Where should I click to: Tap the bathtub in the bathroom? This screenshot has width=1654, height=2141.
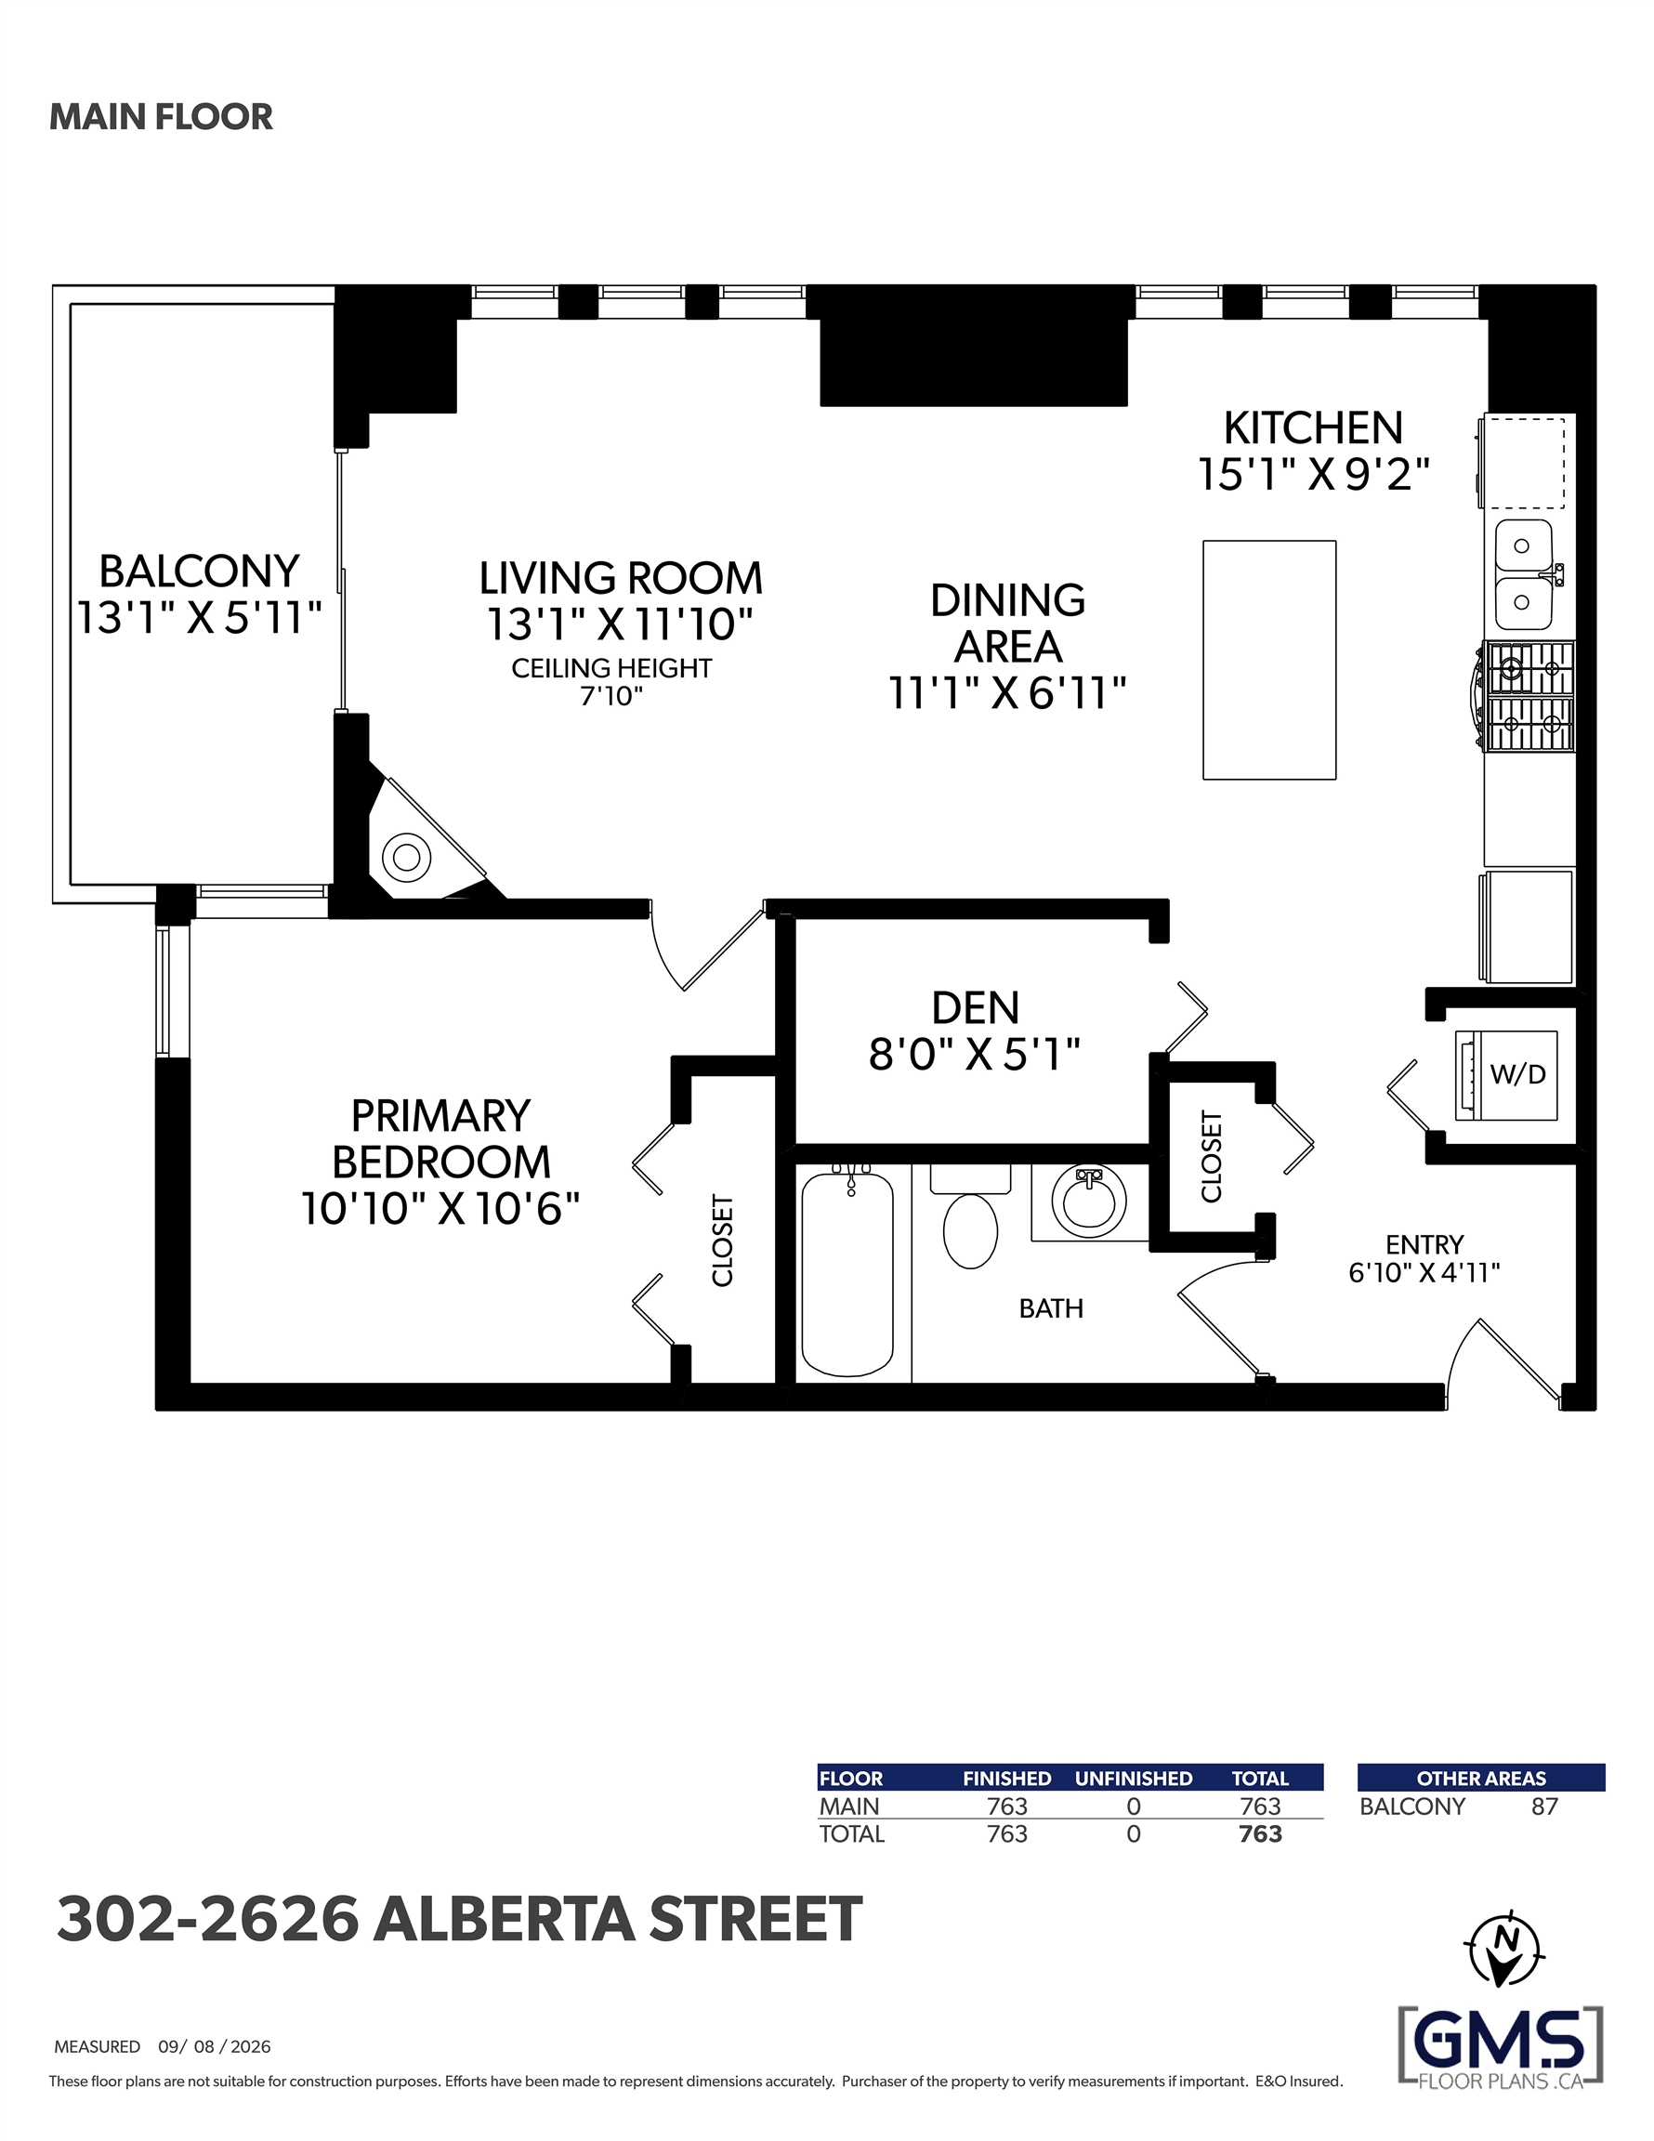click(x=847, y=1272)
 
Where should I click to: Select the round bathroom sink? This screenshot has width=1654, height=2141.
click(x=1088, y=1198)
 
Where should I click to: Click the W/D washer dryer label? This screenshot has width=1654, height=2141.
click(x=1517, y=1074)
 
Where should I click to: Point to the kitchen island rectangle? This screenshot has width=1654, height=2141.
click(x=1268, y=660)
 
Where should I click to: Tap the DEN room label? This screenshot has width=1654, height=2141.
click(x=976, y=1007)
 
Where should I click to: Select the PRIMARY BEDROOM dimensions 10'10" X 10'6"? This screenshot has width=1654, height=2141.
click(x=440, y=1209)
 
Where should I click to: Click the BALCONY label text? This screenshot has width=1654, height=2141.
click(x=199, y=571)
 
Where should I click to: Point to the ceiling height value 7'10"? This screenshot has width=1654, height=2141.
click(x=610, y=696)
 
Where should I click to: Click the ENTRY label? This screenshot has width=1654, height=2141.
click(x=1424, y=1244)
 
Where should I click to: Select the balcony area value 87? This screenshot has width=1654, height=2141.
click(x=1544, y=1806)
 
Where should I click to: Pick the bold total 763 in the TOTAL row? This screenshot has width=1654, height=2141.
click(x=1260, y=1834)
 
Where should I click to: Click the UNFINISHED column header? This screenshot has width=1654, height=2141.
click(x=1134, y=1779)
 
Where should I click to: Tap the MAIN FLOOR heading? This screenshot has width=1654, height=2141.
click(x=161, y=117)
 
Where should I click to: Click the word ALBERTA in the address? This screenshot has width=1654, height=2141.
click(x=505, y=1919)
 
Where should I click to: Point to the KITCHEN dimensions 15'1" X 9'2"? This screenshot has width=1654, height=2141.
click(x=1314, y=475)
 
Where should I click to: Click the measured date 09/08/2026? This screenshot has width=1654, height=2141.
click(x=215, y=2047)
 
